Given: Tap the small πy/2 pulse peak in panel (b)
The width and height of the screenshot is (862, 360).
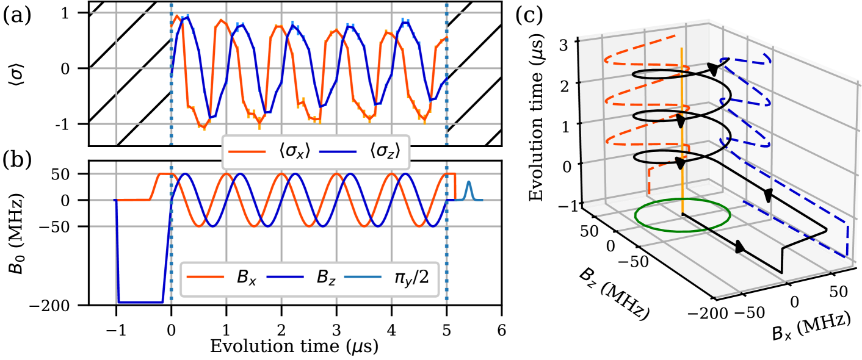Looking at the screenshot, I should click(468, 182).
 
